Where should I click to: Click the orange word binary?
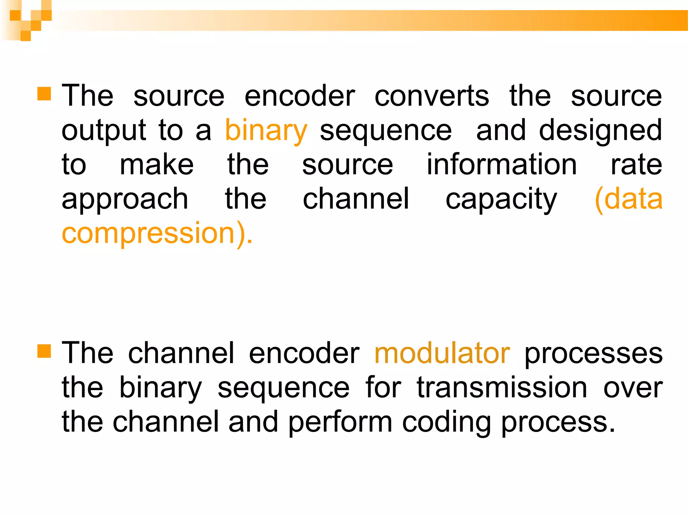point(266,131)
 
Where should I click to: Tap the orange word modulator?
point(442,353)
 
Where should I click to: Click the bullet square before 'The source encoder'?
point(44,94)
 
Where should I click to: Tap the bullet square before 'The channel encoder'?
point(44,351)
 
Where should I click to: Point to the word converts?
point(432,96)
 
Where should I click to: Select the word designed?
point(600,131)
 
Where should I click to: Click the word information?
point(502,165)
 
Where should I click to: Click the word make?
point(157,165)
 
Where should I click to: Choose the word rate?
point(636,165)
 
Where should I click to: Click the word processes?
point(593,354)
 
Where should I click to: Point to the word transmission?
point(502,388)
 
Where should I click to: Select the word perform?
point(340,423)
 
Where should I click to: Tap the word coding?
point(446,423)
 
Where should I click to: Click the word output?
point(103,131)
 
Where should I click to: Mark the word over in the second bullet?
point(633,388)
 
